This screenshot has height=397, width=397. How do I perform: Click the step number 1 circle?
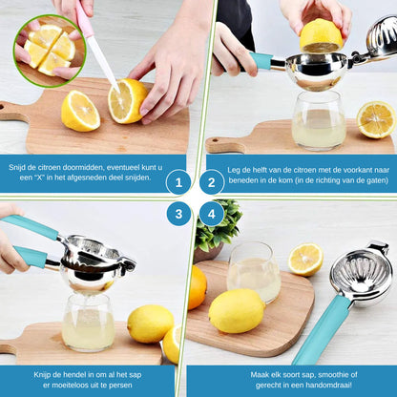pos(178,182)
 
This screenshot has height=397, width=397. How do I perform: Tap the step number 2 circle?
pos(212,182)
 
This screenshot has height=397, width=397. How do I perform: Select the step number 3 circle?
pos(178,214)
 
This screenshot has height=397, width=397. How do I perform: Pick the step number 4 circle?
pos(212,214)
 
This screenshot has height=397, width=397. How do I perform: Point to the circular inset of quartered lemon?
pos(50,51)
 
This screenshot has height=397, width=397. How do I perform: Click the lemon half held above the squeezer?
pos(321,35)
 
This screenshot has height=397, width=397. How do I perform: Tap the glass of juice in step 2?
pos(319,121)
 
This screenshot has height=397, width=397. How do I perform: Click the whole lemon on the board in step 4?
pos(237,311)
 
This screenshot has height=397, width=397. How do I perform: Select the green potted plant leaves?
pos(218,224)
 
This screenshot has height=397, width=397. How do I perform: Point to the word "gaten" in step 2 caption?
pos(379,180)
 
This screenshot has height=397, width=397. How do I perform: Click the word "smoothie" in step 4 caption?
pos(334,375)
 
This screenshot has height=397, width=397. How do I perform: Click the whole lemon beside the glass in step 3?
pos(151,324)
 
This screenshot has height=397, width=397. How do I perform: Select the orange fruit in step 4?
pos(197,287)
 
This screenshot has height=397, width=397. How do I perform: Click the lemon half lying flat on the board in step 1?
pos(80,111)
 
